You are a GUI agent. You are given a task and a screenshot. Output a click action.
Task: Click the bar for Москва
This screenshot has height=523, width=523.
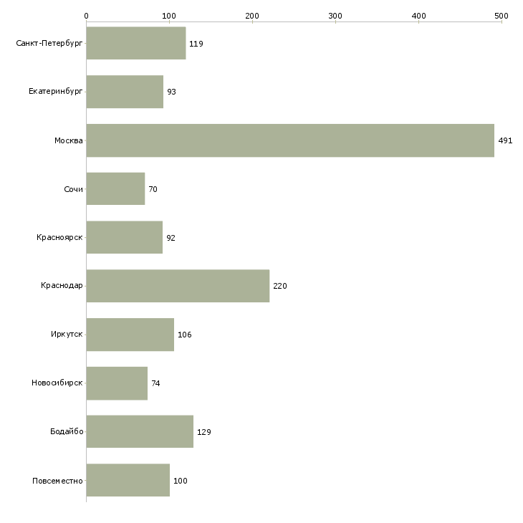click(290, 140)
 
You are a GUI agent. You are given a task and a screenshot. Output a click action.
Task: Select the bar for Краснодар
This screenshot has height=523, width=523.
click(178, 286)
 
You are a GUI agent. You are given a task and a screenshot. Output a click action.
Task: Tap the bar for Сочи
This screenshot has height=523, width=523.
click(115, 189)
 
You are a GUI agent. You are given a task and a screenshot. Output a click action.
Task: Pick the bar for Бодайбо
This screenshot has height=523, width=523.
click(140, 431)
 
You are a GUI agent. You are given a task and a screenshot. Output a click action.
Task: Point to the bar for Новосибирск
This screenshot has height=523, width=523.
click(117, 383)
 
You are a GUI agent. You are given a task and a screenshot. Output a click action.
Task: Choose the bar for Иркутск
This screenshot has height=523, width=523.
click(130, 335)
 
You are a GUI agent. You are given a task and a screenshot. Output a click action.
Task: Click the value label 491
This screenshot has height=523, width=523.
click(505, 141)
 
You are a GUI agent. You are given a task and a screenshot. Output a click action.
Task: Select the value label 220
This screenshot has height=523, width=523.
click(279, 287)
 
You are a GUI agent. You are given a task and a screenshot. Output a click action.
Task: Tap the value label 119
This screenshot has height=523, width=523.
click(196, 44)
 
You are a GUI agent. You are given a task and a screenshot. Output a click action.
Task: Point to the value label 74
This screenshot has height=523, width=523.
click(155, 384)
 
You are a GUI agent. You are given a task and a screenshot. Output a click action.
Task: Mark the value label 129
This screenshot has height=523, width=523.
click(203, 432)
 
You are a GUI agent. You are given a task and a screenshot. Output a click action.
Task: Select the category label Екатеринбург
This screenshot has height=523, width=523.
click(56, 92)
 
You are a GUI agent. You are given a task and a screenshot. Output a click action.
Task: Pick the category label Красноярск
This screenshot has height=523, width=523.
click(60, 238)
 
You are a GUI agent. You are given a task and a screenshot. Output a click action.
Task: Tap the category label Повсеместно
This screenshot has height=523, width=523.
click(57, 481)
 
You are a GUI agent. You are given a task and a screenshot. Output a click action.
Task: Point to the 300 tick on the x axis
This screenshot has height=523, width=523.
click(335, 15)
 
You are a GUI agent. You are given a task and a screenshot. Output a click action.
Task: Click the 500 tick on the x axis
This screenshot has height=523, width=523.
click(502, 15)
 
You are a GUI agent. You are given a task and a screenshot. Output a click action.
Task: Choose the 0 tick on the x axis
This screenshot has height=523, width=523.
click(87, 15)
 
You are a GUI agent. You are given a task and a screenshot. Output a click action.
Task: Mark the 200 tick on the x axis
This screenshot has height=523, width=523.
click(252, 15)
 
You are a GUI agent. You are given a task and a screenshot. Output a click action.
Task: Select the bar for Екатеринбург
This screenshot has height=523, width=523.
click(125, 92)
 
